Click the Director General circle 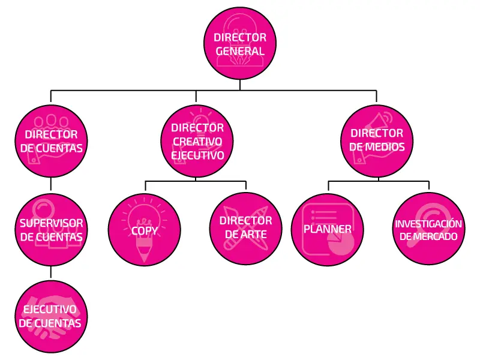point(240,43)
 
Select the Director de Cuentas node point(52,141)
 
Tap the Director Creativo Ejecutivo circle point(197,141)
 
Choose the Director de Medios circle point(377,141)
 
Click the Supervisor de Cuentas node point(52,230)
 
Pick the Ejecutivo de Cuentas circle point(52,317)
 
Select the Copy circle point(145,230)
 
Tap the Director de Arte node point(246,229)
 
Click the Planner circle point(328,230)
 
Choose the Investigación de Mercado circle point(428,229)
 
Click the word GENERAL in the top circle point(240,51)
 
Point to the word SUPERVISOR point(52,223)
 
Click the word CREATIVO point(197,142)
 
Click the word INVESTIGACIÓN point(428,224)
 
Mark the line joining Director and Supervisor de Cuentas point(51,184)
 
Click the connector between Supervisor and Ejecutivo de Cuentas point(51,272)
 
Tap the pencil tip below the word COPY point(144,260)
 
